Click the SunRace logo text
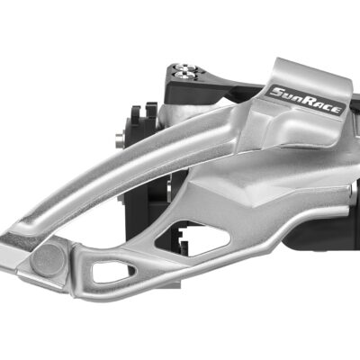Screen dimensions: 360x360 tap(305, 101)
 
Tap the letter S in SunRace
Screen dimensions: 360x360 tap(276, 92)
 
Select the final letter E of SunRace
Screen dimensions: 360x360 tap(336, 110)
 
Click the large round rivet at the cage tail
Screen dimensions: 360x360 tap(49, 260)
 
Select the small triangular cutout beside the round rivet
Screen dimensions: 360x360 tap(112, 272)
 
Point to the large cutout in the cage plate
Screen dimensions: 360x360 tap(192, 238)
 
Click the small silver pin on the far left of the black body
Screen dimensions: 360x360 tap(119, 139)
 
